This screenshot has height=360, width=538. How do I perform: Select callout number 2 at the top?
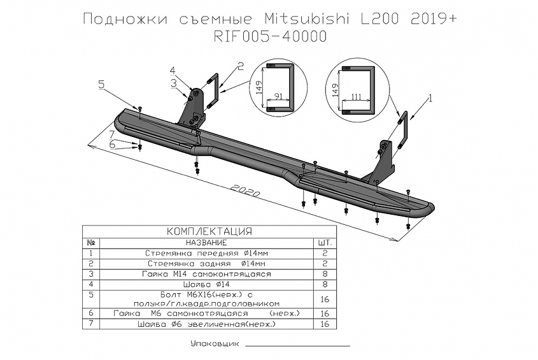coord(241,65)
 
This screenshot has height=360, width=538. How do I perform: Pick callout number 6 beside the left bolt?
coord(112,145)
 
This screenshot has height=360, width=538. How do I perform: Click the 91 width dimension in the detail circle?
coord(279,98)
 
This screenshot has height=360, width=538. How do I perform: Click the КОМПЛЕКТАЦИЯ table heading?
coord(209,231)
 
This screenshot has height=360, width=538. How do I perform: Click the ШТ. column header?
coord(324,243)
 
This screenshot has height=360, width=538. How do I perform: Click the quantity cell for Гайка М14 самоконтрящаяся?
coord(324,273)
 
